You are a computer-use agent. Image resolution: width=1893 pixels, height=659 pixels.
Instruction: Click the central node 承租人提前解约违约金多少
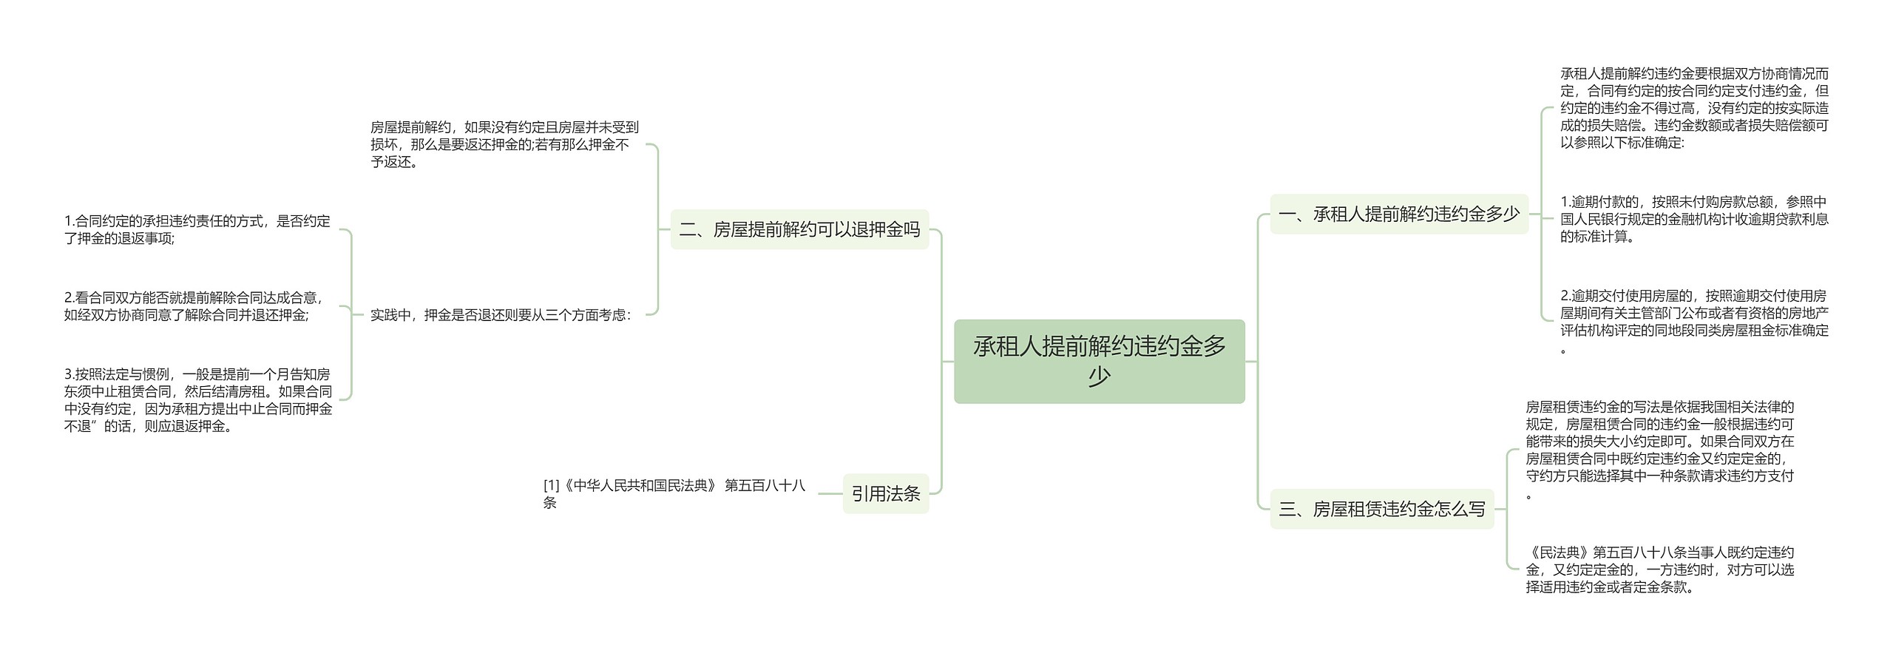(1099, 348)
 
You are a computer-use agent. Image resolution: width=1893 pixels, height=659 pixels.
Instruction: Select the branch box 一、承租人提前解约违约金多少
(1398, 214)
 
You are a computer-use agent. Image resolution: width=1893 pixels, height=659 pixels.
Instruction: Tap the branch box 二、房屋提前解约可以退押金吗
(799, 229)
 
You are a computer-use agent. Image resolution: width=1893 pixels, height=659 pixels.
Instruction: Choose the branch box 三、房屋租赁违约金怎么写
(1381, 509)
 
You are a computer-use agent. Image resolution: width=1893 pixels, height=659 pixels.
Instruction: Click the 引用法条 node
(885, 493)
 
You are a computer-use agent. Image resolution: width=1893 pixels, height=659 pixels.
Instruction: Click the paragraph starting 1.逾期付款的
(1693, 219)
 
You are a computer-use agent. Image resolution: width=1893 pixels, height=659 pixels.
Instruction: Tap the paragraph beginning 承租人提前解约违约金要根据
(1693, 108)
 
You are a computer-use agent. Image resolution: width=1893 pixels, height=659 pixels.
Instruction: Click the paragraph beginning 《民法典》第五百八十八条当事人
(1659, 570)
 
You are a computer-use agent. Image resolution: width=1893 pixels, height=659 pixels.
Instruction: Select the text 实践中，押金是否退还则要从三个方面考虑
(500, 315)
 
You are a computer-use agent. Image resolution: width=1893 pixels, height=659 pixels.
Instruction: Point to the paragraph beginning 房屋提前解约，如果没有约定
(504, 145)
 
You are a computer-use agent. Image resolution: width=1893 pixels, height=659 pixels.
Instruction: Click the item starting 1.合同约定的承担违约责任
(197, 229)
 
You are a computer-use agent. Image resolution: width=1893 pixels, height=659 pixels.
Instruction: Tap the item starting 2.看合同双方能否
(194, 306)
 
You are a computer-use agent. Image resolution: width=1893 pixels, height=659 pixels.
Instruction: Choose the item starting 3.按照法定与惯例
(197, 400)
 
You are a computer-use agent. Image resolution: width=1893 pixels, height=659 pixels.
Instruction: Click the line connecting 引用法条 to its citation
(830, 493)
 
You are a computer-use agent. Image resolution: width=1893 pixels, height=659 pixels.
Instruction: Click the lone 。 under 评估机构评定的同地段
(1564, 351)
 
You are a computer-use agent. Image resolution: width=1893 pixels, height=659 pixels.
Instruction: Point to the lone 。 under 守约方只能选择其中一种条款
(1529, 496)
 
